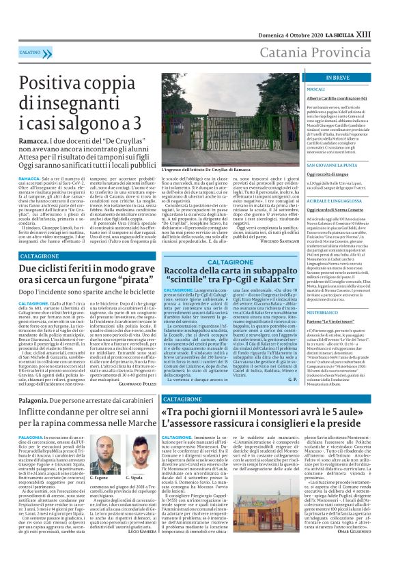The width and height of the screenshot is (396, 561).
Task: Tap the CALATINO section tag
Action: pyautogui.click(x=29, y=51)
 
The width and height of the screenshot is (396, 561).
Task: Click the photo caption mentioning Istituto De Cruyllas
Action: pyautogui.click(x=205, y=179)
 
